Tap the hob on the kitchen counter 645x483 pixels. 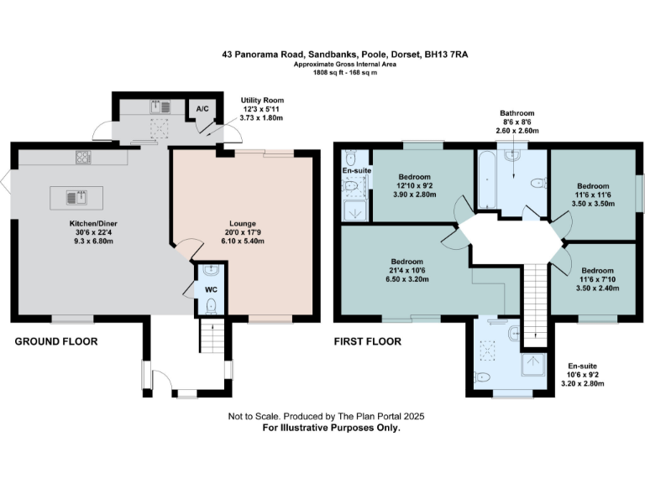pos(85,157)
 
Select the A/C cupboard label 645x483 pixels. pos(202,109)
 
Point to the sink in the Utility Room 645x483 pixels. pos(159,107)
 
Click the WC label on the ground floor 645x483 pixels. pos(211,289)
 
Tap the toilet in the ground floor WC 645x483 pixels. pos(211,305)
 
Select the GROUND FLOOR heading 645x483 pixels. pos(56,341)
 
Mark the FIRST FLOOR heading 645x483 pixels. pos(368,341)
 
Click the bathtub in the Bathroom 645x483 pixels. pos(486,179)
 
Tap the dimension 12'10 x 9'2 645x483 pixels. pos(415,185)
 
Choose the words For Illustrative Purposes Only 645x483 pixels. pos(332,428)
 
